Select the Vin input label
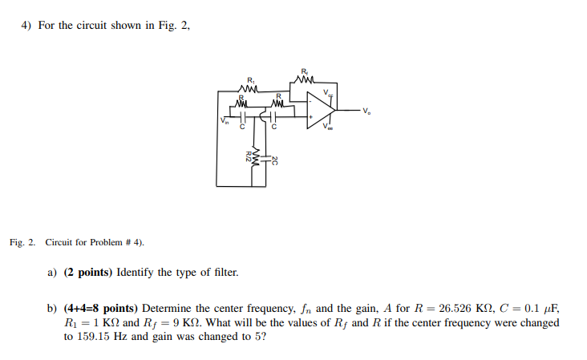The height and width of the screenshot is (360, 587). click(x=225, y=122)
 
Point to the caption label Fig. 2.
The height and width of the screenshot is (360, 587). click(x=23, y=241)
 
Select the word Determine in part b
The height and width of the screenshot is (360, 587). click(x=167, y=307)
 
